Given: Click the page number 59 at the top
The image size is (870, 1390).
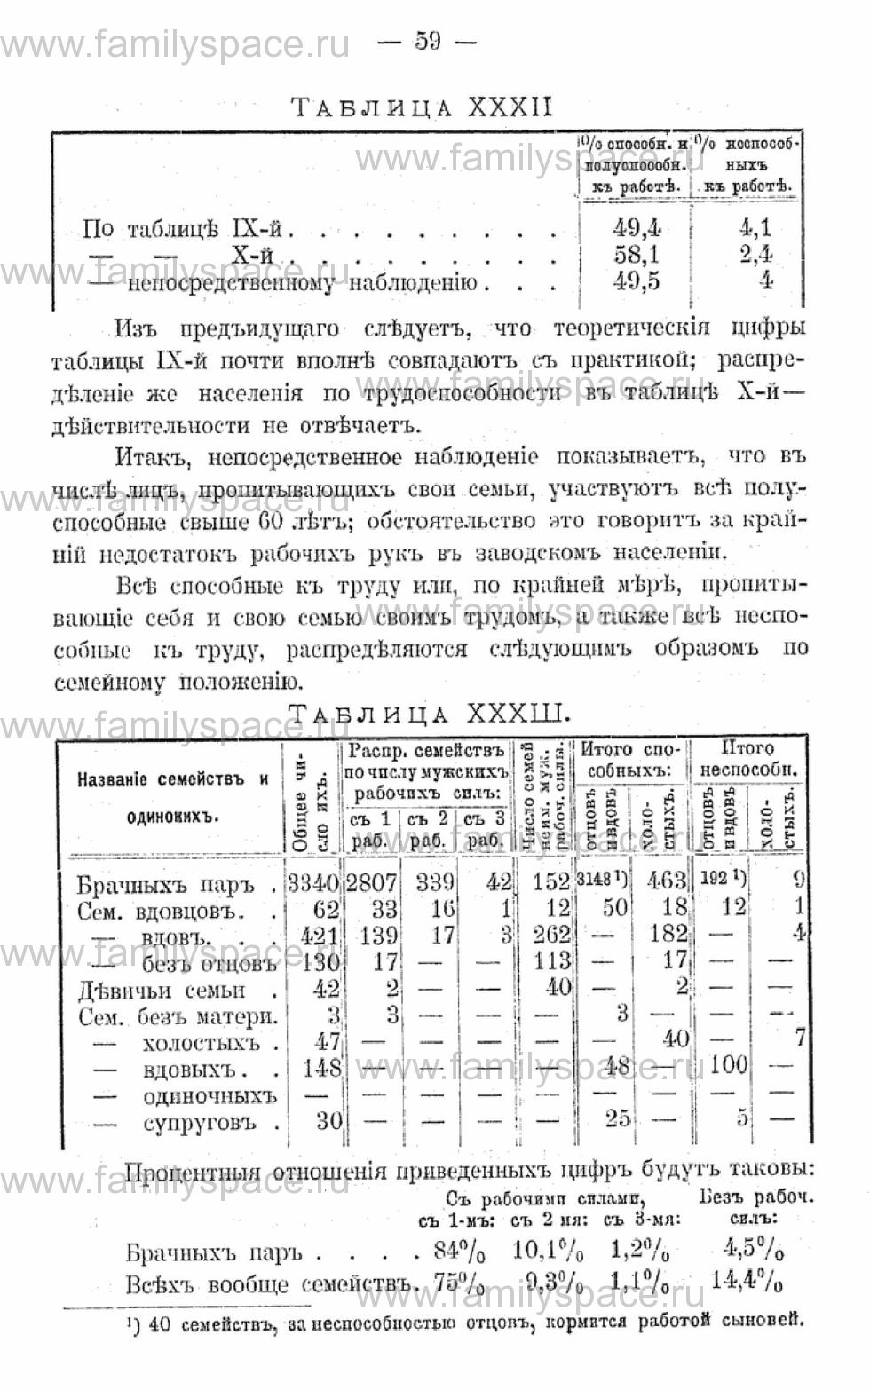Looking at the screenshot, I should pyautogui.click(x=427, y=41).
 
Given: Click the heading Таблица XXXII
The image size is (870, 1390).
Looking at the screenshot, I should pyautogui.click(x=422, y=107).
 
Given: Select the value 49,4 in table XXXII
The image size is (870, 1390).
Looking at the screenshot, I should pyautogui.click(x=637, y=228).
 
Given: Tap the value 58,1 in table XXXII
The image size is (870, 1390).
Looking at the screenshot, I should pyautogui.click(x=637, y=256).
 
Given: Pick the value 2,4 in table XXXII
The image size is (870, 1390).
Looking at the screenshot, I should pyautogui.click(x=755, y=256).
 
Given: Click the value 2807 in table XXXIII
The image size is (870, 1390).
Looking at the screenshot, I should pyautogui.click(x=371, y=882).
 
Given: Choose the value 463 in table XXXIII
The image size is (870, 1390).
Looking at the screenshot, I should pyautogui.click(x=668, y=881).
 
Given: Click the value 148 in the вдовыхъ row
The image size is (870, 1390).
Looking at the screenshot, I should pyautogui.click(x=321, y=1068).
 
